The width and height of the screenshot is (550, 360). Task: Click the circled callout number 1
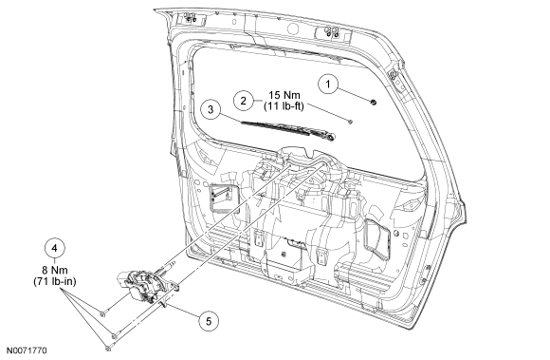pyautogui.click(x=328, y=85)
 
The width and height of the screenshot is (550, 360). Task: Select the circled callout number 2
pyautogui.click(x=244, y=101)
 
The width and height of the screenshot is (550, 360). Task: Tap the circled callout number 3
pyautogui.click(x=211, y=109)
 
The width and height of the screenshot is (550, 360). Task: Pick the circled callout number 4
pyautogui.click(x=55, y=248)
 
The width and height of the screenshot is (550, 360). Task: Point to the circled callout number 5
pyautogui.click(x=209, y=321)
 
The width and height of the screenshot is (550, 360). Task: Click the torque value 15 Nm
pyautogui.click(x=284, y=95)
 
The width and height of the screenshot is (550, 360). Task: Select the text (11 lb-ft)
pyautogui.click(x=284, y=106)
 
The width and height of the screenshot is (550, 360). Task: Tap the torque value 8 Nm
pyautogui.click(x=55, y=271)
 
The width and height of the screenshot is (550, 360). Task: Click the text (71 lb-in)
pyautogui.click(x=55, y=281)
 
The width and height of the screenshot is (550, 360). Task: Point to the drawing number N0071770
pyautogui.click(x=27, y=351)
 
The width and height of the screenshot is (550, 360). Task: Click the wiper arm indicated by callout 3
pyautogui.click(x=288, y=131)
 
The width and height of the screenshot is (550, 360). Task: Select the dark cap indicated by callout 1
pyautogui.click(x=374, y=103)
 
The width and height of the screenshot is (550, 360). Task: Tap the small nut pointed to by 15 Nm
pyautogui.click(x=350, y=122)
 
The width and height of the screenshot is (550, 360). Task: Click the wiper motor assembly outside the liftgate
pyautogui.click(x=147, y=285)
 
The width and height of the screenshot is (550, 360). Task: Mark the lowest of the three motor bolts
pyautogui.click(x=108, y=349)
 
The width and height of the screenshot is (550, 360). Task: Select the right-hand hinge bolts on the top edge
pyautogui.click(x=332, y=32)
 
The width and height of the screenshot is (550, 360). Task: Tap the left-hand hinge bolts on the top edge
pyautogui.click(x=190, y=17)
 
